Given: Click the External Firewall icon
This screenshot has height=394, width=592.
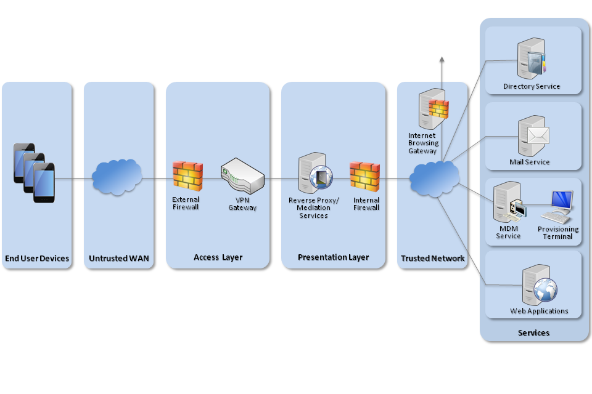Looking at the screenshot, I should pyautogui.click(x=187, y=175).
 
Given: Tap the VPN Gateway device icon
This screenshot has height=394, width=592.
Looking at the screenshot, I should pyautogui.click(x=242, y=175).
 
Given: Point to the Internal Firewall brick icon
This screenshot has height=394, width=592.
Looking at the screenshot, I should pyautogui.click(x=365, y=177).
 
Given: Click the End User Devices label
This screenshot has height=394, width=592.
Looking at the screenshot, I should pyautogui.click(x=37, y=259).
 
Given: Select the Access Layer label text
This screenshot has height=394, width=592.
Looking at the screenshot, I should pyautogui.click(x=218, y=257).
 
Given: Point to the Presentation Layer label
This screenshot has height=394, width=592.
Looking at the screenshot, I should pyautogui.click(x=333, y=257).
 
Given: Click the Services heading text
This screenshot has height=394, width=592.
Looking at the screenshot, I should pyautogui.click(x=533, y=333).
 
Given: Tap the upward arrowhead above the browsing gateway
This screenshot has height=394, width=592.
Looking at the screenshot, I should pyautogui.click(x=442, y=60).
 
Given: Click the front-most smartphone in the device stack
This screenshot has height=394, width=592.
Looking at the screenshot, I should pyautogui.click(x=44, y=183).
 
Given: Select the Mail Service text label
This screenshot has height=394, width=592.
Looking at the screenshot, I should pyautogui.click(x=529, y=162).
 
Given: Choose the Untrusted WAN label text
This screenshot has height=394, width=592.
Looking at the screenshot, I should pyautogui.click(x=119, y=259).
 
